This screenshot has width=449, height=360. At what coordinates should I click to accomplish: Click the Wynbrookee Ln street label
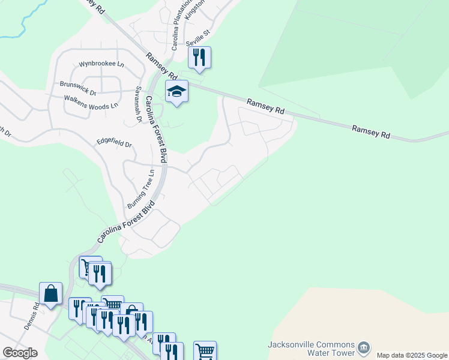(101, 64)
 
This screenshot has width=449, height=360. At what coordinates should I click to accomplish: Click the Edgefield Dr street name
(114, 144)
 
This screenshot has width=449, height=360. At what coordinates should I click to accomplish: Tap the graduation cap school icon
(177, 91)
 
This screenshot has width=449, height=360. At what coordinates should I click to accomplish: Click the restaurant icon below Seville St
(199, 58)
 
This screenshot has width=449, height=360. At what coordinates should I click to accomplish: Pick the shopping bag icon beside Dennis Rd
(51, 294)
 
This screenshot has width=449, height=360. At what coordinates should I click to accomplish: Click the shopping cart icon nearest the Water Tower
(205, 351)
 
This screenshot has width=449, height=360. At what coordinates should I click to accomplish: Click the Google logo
(20, 353)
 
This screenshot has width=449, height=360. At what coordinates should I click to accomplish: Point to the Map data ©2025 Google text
(412, 355)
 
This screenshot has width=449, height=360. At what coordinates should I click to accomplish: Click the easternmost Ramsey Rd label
(371, 132)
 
